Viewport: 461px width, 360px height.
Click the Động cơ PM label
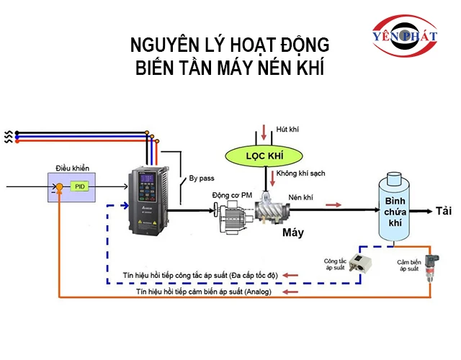232,195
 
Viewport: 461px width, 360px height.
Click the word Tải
444,211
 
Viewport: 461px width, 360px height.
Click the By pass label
202,178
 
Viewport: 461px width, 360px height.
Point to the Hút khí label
287,129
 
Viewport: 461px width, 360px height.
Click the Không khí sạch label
296,174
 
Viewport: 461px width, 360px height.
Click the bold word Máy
292,232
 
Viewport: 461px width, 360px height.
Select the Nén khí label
303,197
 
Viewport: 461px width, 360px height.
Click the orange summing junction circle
60,187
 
